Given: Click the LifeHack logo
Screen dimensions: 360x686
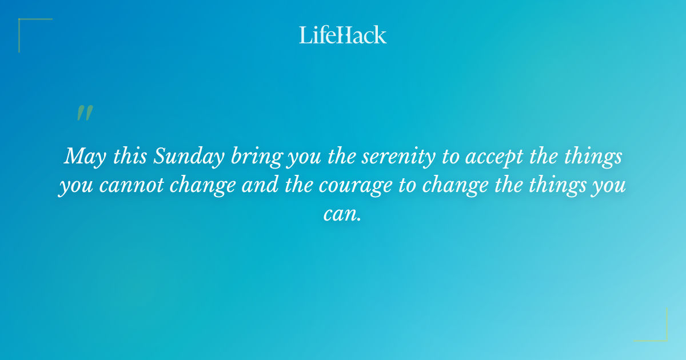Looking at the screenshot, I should point(343,35).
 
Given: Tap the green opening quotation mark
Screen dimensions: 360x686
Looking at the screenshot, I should point(85,113).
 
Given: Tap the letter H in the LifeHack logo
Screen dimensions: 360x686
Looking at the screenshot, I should point(343,35).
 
